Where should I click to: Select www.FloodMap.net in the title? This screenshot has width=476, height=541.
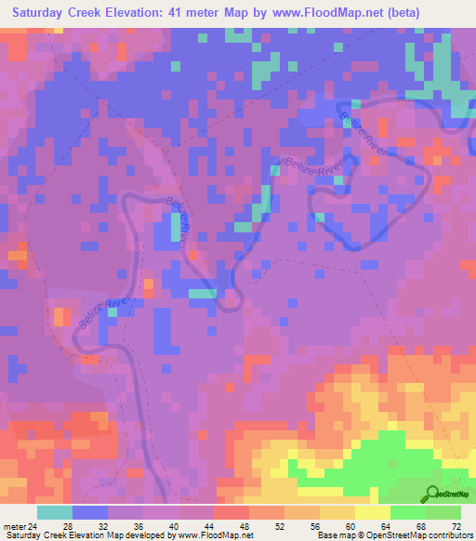point(322,13)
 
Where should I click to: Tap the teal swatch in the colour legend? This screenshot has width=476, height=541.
point(55,513)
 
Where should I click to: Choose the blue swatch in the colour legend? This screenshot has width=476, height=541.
point(90,513)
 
